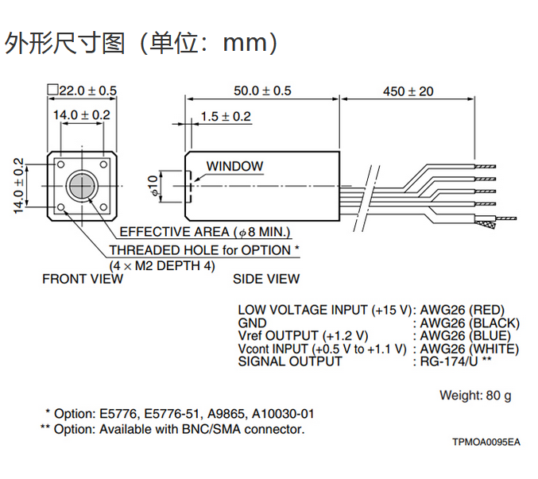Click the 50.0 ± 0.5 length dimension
coord(262,91)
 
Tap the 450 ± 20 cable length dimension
coord(408,91)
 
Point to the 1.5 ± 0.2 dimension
coord(226,117)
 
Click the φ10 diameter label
coord(154,185)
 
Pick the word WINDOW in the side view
coord(234,167)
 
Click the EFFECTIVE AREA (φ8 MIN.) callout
coord(205,233)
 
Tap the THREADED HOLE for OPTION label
coord(204,250)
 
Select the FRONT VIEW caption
coord(83,279)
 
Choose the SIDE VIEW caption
coord(266,279)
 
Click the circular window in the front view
coord(81,186)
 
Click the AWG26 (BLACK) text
coord(469,323)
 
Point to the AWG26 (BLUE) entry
coord(465,336)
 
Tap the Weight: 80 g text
coord(475,396)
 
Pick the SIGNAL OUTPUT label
coord(290,361)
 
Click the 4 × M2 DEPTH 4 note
coord(162,265)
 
